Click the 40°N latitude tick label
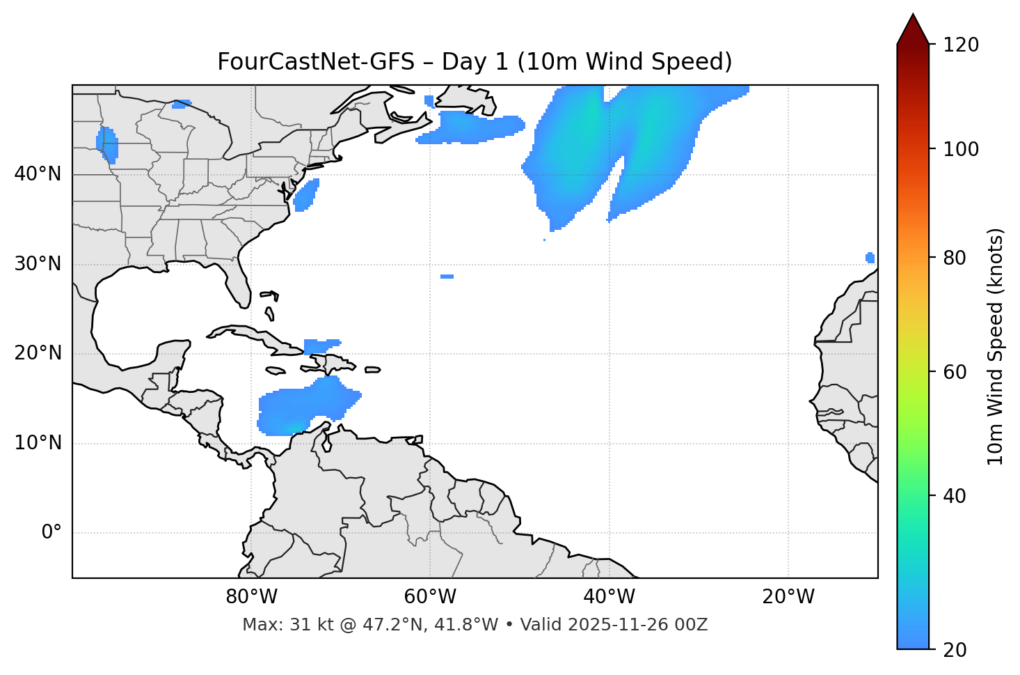[x=38, y=174]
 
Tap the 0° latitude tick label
[x=51, y=533]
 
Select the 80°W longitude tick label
[x=251, y=597]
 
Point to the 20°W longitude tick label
[x=788, y=597]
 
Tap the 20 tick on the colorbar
[x=955, y=650]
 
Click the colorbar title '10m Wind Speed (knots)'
[x=996, y=346]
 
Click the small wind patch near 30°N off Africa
[x=870, y=258]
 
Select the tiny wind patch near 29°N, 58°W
[x=447, y=277]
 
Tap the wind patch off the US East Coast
[x=305, y=195]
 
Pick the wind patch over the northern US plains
[x=108, y=145]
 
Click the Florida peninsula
[x=237, y=282]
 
